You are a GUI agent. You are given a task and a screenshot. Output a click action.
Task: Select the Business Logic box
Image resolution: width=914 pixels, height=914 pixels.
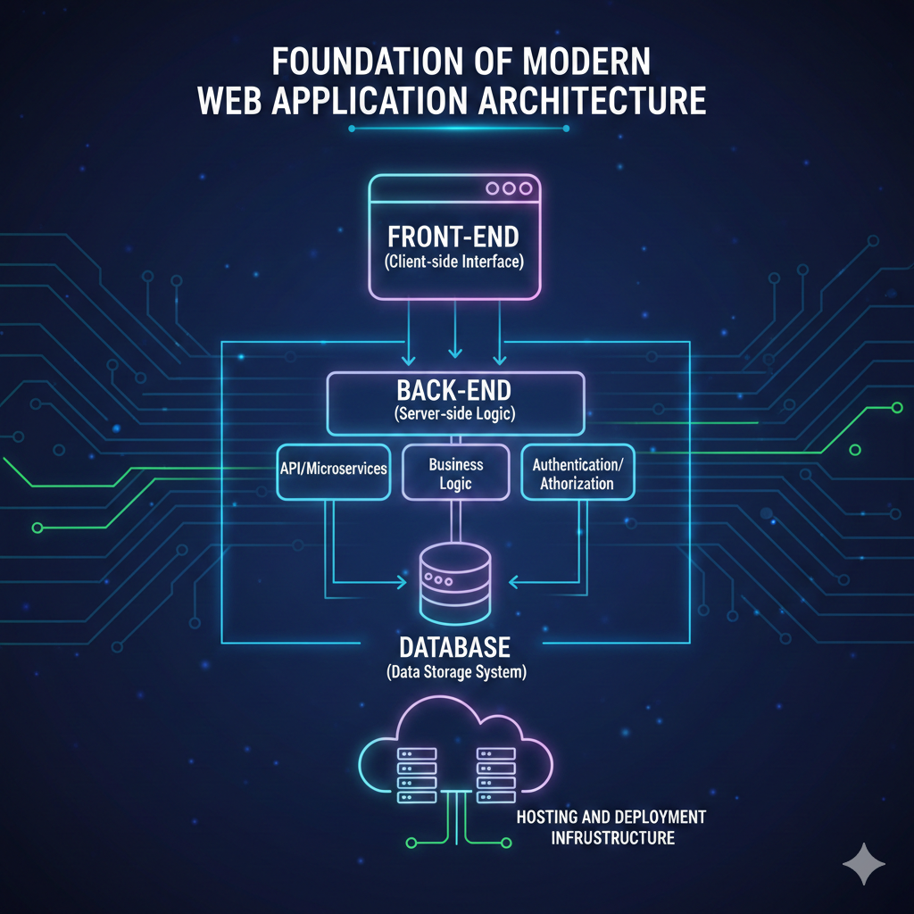pyautogui.click(x=455, y=474)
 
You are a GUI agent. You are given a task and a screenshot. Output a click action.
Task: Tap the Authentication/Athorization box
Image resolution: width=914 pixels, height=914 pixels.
pyautogui.click(x=577, y=473)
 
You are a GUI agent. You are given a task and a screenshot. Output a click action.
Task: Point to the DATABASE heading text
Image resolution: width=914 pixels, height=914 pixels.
pyautogui.click(x=455, y=646)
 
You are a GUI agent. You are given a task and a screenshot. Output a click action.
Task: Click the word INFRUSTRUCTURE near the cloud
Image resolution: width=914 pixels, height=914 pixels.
pyautogui.click(x=612, y=838)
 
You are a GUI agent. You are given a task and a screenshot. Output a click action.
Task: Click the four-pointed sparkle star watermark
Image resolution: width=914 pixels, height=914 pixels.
pyautogui.click(x=864, y=865)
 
